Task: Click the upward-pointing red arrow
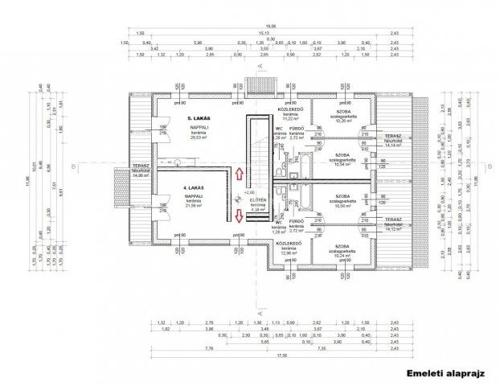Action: [240, 175]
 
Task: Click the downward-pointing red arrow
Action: [240, 215]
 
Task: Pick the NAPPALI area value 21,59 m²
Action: [194, 205]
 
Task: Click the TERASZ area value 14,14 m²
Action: [393, 146]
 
